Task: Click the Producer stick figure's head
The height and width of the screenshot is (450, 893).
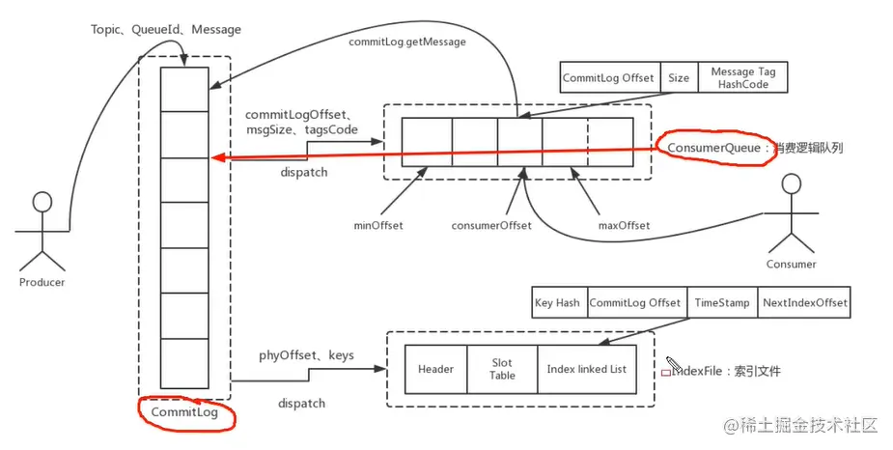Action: click(42, 203)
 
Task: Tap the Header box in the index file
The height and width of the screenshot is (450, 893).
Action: click(435, 369)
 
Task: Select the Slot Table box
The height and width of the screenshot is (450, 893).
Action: click(502, 369)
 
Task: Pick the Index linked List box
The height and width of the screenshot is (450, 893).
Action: click(586, 369)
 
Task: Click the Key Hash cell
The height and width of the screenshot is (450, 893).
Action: click(557, 303)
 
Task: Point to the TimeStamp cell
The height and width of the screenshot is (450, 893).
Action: click(721, 303)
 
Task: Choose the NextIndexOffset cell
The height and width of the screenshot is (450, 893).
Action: click(804, 303)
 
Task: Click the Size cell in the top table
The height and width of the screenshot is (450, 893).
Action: click(679, 78)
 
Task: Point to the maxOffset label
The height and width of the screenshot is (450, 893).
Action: click(625, 226)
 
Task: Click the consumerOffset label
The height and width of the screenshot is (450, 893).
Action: click(492, 226)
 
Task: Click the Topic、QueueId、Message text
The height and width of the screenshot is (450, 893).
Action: click(166, 30)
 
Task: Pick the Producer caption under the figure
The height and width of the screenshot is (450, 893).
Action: click(42, 282)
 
